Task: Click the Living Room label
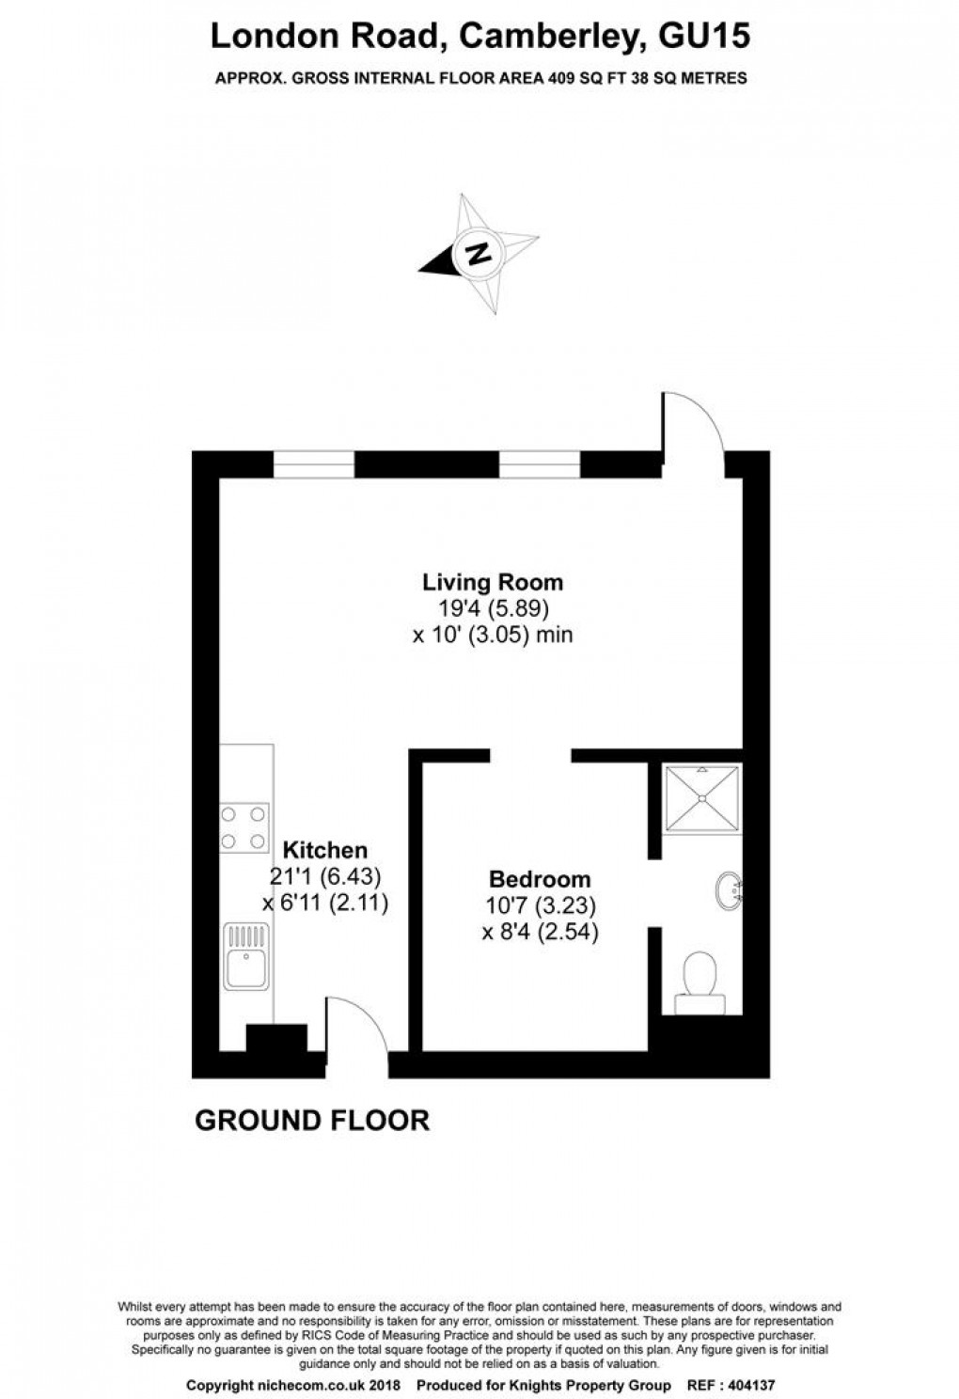click(492, 581)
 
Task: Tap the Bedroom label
click(540, 880)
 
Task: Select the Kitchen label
click(325, 850)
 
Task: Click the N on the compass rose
click(479, 253)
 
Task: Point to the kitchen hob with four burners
click(244, 827)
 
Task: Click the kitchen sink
click(246, 957)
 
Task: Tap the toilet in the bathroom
click(700, 982)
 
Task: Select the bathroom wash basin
click(729, 888)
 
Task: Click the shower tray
click(702, 798)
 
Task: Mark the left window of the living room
click(314, 464)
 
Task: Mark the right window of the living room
click(540, 464)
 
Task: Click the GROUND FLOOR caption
click(311, 1121)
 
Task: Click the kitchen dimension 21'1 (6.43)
click(325, 876)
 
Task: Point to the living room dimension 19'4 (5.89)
click(492, 607)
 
